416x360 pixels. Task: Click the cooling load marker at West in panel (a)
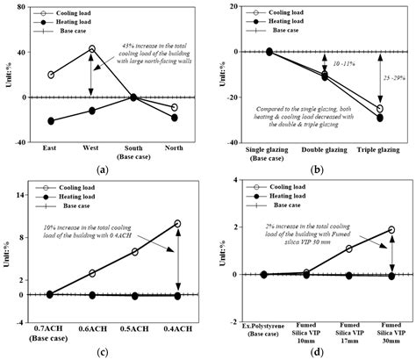[x=91, y=49]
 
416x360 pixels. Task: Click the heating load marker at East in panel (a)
[x=51, y=120]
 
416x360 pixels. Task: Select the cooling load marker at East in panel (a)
[x=51, y=76]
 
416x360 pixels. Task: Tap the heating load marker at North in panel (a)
[x=174, y=118]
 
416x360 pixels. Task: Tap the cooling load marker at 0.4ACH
[x=178, y=224]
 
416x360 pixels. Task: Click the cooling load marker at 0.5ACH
[x=134, y=252]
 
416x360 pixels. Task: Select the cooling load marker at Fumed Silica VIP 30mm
[x=391, y=230]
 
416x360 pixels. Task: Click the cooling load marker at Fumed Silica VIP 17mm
[x=348, y=248]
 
